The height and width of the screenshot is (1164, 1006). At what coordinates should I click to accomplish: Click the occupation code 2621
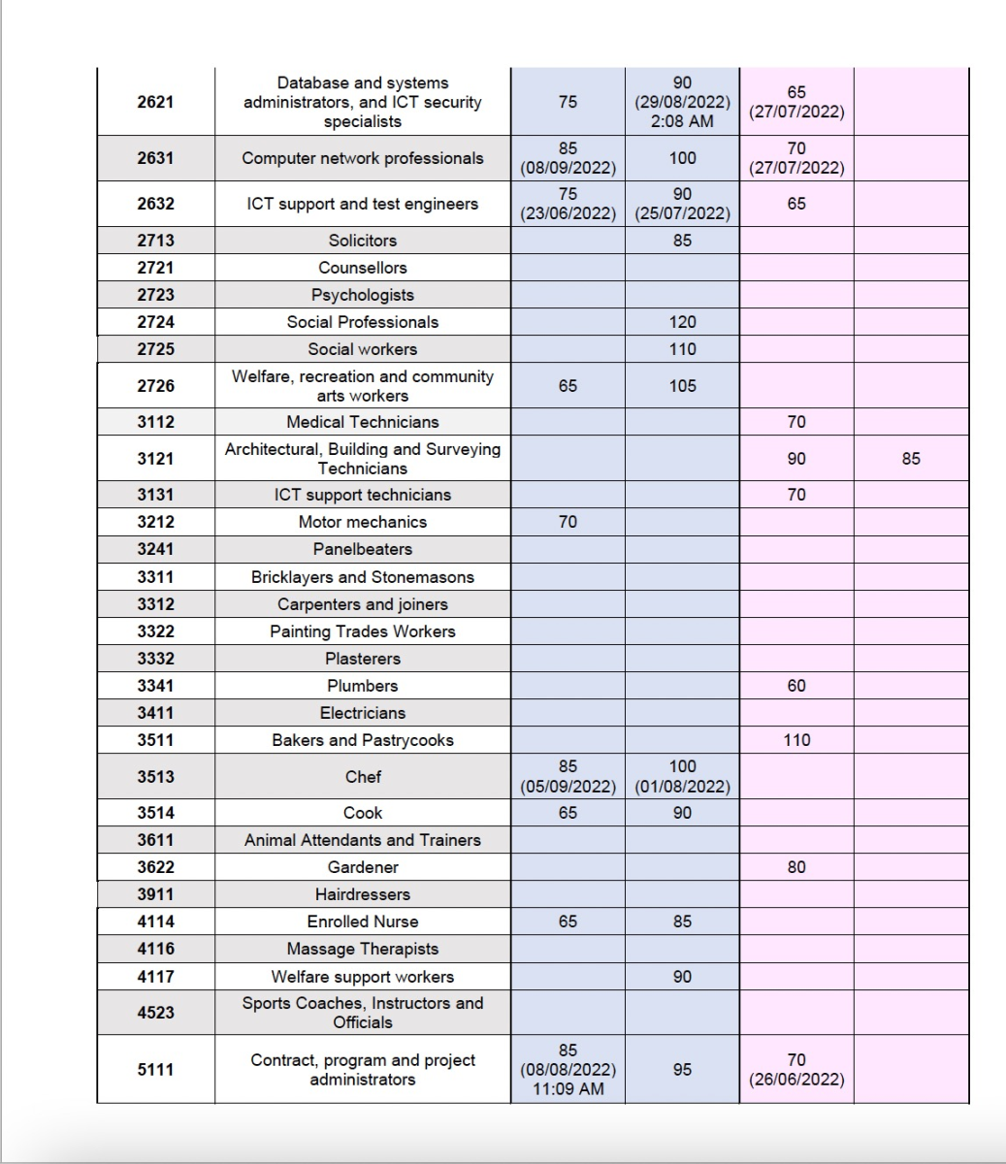(x=155, y=102)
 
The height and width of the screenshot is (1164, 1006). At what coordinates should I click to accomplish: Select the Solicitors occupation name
(x=362, y=241)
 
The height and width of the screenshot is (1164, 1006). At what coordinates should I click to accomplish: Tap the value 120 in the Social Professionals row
(x=682, y=322)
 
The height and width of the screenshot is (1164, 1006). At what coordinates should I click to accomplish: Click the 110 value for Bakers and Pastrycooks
(x=795, y=740)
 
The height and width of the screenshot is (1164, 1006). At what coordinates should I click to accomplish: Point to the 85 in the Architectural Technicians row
(x=910, y=459)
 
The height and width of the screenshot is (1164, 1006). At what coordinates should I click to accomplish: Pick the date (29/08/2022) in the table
(x=682, y=102)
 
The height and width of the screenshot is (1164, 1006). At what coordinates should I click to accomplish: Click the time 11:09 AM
(x=568, y=1088)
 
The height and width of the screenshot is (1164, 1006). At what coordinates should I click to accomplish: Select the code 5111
(x=155, y=1069)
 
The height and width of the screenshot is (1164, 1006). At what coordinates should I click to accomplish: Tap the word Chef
(x=362, y=777)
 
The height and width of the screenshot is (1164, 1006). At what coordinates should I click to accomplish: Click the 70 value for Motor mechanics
(x=568, y=522)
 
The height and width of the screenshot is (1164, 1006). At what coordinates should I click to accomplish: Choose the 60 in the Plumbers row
(x=795, y=686)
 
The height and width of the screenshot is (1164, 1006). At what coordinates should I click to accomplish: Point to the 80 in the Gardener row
(x=795, y=867)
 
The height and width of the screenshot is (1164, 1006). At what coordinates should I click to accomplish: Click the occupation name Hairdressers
(x=362, y=894)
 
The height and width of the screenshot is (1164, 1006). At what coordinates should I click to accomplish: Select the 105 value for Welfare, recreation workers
(x=682, y=386)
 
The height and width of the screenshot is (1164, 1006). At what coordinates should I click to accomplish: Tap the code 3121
(x=155, y=459)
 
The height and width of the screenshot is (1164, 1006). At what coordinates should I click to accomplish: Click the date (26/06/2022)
(x=795, y=1080)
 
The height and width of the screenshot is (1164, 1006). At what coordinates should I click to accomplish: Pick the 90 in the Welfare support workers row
(x=682, y=977)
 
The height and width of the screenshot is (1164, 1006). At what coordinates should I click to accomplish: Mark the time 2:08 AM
(x=682, y=121)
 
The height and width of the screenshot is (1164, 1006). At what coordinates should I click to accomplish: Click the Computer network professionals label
(x=362, y=158)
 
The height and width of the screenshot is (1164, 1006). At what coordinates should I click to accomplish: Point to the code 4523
(x=155, y=1013)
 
